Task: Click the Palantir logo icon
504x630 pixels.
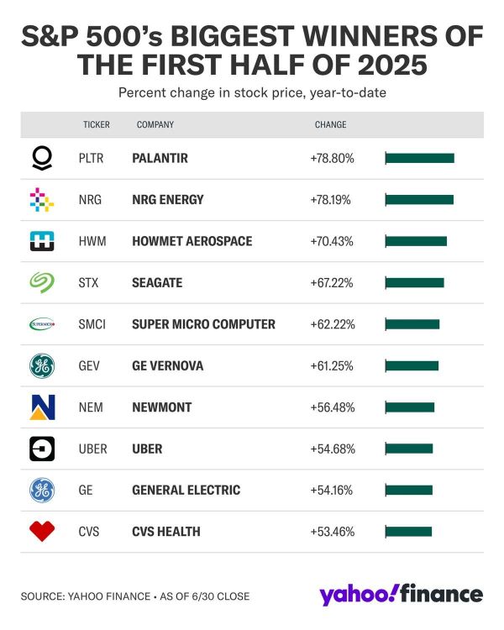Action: [41, 158]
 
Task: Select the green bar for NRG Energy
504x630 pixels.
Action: [419, 200]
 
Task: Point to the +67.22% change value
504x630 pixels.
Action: [332, 282]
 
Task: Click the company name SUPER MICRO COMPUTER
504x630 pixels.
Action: [203, 324]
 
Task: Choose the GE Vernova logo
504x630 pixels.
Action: [41, 365]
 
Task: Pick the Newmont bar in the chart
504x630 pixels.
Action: [410, 407]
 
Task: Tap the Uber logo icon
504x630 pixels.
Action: [41, 449]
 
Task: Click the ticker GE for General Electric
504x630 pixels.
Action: [85, 490]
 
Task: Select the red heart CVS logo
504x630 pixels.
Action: [41, 531]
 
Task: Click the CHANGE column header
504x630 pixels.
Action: [330, 125]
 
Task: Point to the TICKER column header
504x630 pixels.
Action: [97, 125]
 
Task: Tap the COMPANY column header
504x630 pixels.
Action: [155, 125]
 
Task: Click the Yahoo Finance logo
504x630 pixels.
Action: [401, 594]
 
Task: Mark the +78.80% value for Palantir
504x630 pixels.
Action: [332, 158]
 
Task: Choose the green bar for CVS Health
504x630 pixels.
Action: [408, 531]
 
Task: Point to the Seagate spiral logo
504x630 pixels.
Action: [41, 283]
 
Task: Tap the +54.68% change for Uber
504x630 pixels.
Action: [332, 449]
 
